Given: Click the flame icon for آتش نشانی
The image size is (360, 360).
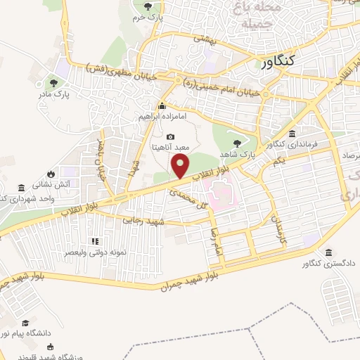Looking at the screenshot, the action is pos(51,173).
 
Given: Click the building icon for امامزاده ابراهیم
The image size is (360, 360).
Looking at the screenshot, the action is pos(162,106).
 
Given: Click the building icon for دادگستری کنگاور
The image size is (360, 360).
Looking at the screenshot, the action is pos(328,252).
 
